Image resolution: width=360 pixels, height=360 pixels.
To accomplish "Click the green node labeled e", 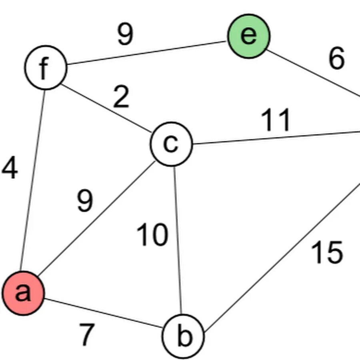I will (x=249, y=36).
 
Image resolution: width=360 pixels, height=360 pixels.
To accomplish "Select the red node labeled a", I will (x=23, y=294).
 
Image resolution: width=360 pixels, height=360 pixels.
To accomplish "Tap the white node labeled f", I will (x=46, y=67).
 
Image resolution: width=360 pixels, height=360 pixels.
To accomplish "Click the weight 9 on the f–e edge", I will (x=125, y=34).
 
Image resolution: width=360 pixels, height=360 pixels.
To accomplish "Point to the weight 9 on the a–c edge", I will (x=85, y=201).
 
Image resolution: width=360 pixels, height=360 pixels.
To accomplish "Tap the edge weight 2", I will (x=121, y=98).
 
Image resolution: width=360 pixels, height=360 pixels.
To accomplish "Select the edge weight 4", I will (x=10, y=168).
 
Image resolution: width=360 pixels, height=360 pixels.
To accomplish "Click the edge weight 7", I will (x=87, y=334).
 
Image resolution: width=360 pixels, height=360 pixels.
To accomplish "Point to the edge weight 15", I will (x=327, y=253).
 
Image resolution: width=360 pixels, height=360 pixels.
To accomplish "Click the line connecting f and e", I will (x=146, y=52).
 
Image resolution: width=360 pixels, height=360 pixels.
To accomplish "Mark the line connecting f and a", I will (x=33, y=180).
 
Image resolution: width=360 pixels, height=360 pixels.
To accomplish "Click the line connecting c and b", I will (x=178, y=240).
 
